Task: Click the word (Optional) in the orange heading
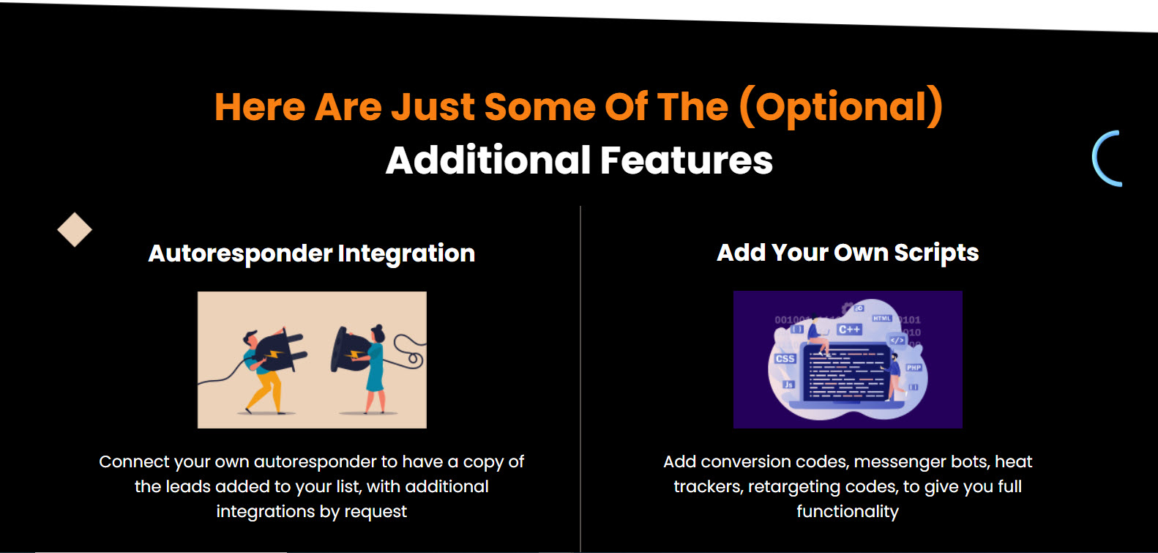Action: (841, 108)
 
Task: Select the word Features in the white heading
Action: (687, 160)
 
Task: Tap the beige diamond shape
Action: (75, 229)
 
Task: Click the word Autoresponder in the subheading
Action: (240, 253)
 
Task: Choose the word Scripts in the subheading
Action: (936, 253)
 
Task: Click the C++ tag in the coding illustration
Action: (849, 329)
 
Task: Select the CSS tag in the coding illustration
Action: (785, 358)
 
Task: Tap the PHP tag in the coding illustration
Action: (914, 368)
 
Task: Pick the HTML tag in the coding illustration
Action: (882, 318)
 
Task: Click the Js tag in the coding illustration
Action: (788, 385)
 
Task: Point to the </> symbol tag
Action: (897, 340)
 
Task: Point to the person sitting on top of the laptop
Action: (818, 335)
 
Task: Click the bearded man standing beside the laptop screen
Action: (895, 376)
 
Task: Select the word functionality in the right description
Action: (848, 511)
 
